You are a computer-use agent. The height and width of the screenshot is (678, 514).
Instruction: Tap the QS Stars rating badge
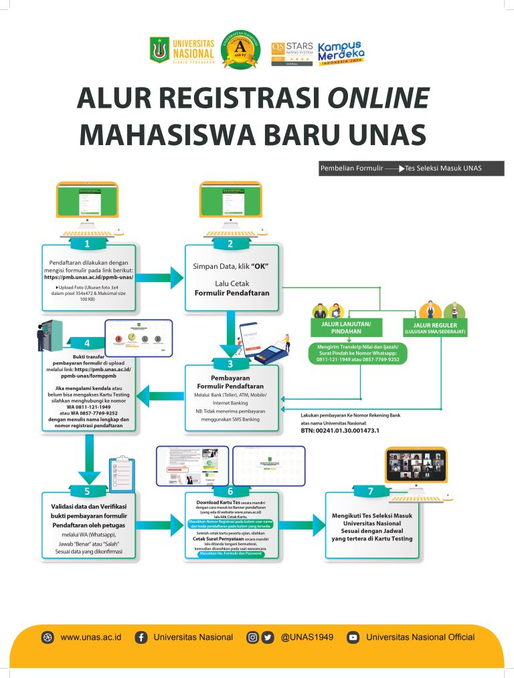[x=292, y=51]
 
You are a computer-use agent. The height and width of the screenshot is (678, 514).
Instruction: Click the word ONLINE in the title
[x=378, y=98]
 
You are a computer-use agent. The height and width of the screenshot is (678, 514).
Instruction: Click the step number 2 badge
[x=230, y=243]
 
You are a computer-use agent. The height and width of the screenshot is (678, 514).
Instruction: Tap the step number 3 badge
[x=230, y=365]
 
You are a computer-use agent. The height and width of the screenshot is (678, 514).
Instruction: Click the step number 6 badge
[x=230, y=492]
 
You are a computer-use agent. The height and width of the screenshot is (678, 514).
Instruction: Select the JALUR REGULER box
[x=435, y=328]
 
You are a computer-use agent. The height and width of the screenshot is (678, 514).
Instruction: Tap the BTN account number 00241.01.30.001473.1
[x=340, y=431]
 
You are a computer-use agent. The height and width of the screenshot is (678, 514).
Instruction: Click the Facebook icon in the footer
[x=141, y=637]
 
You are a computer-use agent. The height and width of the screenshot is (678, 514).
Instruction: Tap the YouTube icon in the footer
[x=353, y=637]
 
